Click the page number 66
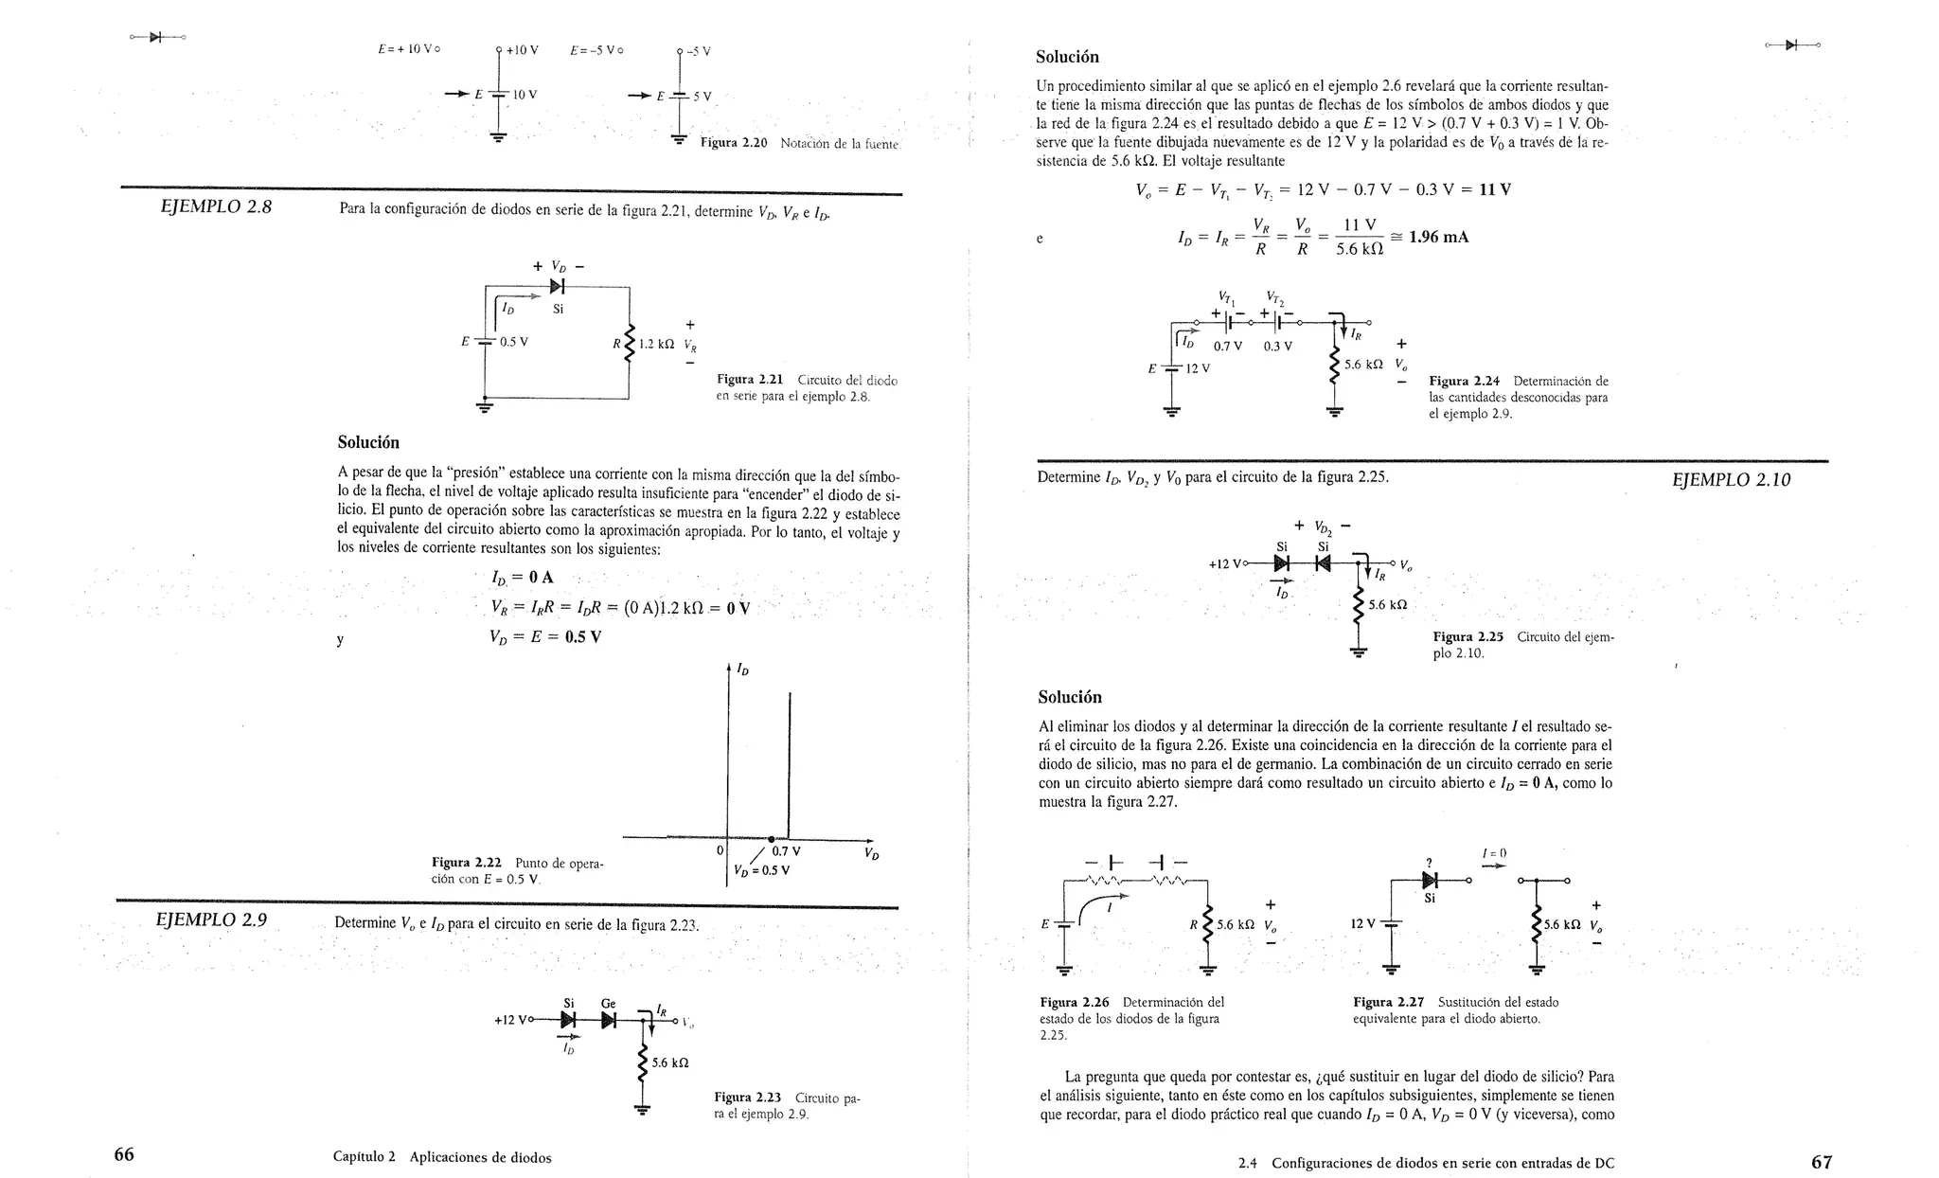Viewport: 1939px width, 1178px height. point(124,1154)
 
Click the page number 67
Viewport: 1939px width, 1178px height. point(1821,1162)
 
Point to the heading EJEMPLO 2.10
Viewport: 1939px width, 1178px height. point(1731,480)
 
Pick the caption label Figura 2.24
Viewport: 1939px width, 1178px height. point(1464,382)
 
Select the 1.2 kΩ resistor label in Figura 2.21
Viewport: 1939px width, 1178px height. point(655,345)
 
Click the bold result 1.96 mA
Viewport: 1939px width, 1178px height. point(1438,237)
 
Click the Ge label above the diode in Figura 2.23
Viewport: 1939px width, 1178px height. point(608,1003)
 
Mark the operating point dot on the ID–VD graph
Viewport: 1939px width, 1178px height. point(772,839)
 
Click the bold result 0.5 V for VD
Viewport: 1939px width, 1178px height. point(582,637)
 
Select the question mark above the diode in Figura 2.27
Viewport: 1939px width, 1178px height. point(1429,862)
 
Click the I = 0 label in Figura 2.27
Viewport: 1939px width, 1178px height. point(1494,853)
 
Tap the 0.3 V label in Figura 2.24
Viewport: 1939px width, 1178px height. point(1277,347)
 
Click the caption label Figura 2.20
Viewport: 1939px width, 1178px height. point(733,143)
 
